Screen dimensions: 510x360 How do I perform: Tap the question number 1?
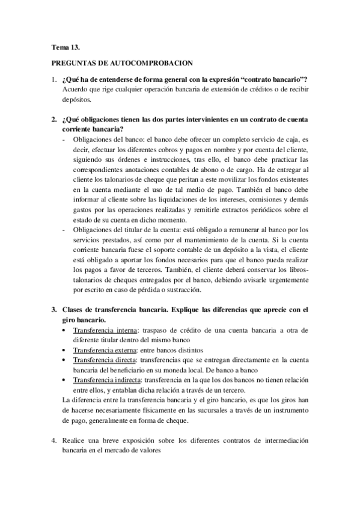point(53,80)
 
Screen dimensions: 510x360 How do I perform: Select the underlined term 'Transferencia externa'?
point(105,349)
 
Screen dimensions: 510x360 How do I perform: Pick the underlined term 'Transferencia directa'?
point(105,360)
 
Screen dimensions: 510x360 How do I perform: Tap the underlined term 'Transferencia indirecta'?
point(107,380)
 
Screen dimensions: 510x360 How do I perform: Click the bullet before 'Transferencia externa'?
point(65,349)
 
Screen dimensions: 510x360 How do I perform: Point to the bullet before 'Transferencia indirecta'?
point(65,380)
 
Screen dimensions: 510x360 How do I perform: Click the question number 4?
point(53,440)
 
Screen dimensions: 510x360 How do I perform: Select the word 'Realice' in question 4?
point(75,440)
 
